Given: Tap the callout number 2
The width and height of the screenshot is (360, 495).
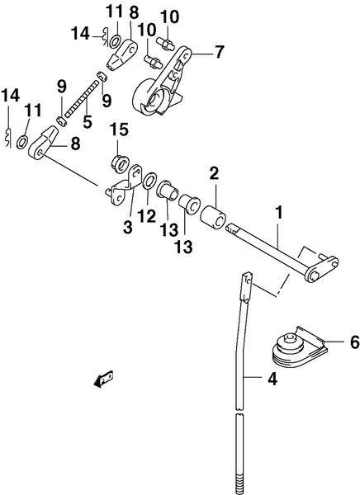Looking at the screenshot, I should click(x=213, y=173).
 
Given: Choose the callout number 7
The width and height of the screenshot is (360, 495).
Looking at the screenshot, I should click(x=219, y=52).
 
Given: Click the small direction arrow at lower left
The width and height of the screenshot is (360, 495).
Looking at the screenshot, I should click(x=104, y=379).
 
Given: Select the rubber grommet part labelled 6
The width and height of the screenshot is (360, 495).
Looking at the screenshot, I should click(x=296, y=347).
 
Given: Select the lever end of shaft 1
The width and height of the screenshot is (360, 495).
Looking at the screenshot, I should click(x=320, y=269).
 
